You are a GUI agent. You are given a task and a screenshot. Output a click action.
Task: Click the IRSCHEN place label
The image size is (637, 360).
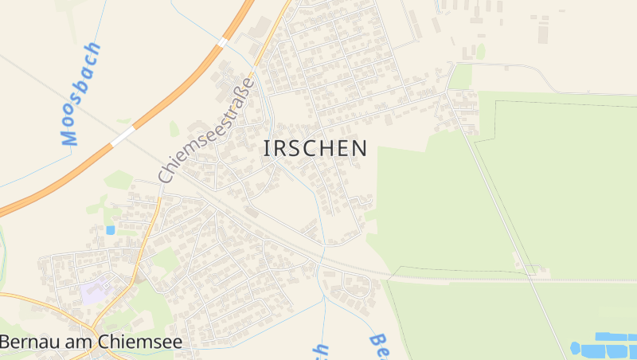point(315,148)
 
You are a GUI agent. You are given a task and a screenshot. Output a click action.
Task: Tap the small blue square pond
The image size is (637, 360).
point(110,230)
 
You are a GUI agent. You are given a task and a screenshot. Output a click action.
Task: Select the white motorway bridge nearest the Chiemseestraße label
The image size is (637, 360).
point(224,41)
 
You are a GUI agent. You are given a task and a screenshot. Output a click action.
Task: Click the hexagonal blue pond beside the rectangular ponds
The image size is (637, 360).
point(575,348)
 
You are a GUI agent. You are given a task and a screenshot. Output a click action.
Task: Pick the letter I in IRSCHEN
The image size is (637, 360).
point(267,148)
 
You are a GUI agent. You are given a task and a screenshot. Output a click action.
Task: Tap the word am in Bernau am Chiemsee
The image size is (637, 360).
point(83,342)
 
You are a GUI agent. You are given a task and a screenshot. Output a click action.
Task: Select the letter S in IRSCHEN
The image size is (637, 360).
point(299,148)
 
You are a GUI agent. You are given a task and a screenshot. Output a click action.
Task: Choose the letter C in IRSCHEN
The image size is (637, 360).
point(316,148)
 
